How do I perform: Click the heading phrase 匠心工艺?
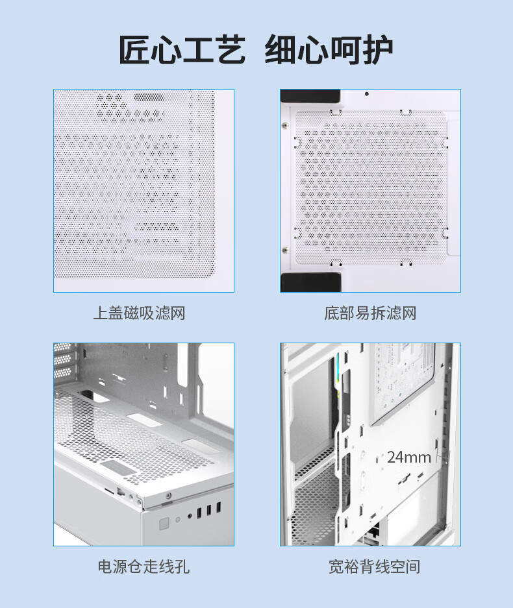tap(182, 49)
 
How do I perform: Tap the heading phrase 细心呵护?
tap(329, 49)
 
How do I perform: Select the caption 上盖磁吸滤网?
tap(140, 313)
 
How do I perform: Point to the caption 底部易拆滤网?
tap(370, 313)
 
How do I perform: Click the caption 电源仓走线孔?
tap(144, 566)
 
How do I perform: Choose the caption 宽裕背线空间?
tap(374, 566)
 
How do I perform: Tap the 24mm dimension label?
tap(409, 457)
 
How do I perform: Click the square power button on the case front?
tap(164, 524)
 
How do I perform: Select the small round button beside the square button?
tap(178, 520)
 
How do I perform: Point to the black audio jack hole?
tap(190, 516)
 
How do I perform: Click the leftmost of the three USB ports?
tap(199, 513)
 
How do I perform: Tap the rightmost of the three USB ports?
tap(218, 507)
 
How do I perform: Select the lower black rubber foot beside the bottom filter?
tap(311, 282)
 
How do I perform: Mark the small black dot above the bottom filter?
tap(367, 94)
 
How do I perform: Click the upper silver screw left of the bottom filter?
tap(285, 125)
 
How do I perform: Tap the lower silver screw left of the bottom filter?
tap(285, 250)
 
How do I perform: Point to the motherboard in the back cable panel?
tap(403, 382)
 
